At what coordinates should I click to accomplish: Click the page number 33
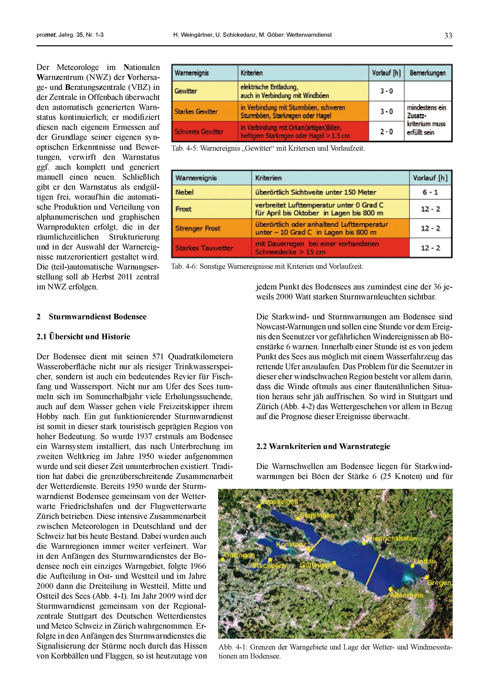(x=448, y=36)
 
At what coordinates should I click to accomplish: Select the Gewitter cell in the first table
(x=186, y=91)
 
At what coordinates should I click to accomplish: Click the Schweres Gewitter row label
(x=199, y=132)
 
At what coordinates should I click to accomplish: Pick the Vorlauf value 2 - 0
(x=386, y=132)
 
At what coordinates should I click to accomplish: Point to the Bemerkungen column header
(x=427, y=73)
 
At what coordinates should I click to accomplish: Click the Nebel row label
(x=184, y=192)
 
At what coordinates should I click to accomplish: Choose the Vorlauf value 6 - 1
(x=430, y=192)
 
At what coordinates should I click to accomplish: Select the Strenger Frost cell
(x=198, y=228)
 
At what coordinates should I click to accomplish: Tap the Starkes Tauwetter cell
(x=204, y=248)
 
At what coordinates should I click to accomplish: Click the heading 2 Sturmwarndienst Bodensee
(x=91, y=316)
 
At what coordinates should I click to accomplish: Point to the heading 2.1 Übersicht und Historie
(x=83, y=337)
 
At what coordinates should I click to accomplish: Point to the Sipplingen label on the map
(x=317, y=516)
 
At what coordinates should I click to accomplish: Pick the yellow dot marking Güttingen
(x=334, y=563)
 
